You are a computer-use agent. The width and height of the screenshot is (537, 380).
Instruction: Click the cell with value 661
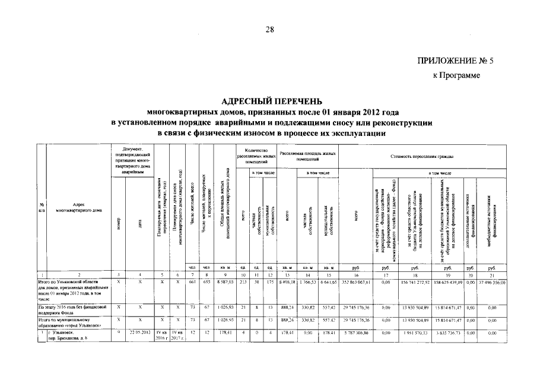point(192,283)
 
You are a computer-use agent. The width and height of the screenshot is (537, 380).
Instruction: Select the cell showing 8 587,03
point(224,283)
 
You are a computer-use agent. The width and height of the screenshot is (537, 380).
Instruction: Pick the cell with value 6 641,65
point(326,283)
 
